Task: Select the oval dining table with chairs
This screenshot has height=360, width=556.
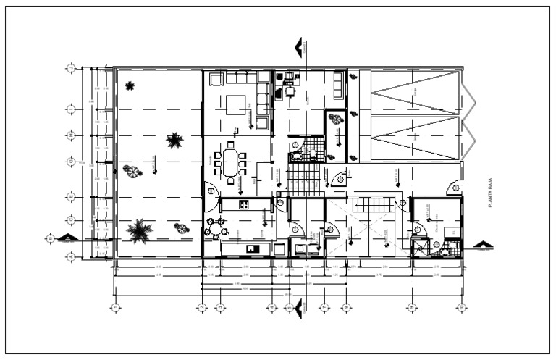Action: [x=230, y=163]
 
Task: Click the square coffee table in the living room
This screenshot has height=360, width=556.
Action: [x=236, y=106]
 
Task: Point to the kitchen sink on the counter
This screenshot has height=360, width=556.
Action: [x=252, y=249]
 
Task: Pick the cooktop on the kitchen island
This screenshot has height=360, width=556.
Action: [x=244, y=205]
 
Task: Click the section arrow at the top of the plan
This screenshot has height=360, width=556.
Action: [x=298, y=48]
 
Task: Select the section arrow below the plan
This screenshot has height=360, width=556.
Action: [x=298, y=304]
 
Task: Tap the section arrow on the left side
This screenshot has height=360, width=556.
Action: [x=67, y=238]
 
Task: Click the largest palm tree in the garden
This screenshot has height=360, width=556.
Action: [x=138, y=231]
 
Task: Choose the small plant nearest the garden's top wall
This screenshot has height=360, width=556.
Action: [x=130, y=86]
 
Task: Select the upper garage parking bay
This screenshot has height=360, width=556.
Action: [x=414, y=92]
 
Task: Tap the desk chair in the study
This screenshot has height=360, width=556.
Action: [x=290, y=91]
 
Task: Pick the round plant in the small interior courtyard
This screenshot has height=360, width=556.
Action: [x=337, y=120]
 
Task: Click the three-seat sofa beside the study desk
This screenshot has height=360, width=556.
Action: [x=339, y=85]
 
